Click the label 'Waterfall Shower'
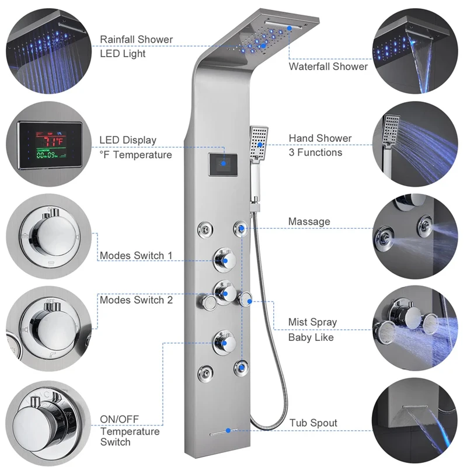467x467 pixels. tap(328, 67)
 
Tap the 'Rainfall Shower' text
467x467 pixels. tap(136, 39)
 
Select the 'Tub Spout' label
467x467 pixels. tap(313, 423)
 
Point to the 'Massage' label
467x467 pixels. tap(309, 222)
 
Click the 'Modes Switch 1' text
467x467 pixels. tap(136, 256)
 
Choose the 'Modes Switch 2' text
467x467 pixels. tap(136, 300)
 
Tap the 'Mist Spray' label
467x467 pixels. tap(312, 322)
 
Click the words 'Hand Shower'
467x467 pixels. tap(320, 138)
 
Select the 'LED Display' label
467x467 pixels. tap(128, 140)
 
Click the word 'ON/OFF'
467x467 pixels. tap(120, 419)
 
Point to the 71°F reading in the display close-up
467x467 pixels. tap(54, 141)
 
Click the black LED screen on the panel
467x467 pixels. tap(223, 165)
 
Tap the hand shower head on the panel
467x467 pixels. tap(259, 143)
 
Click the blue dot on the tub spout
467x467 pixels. tap(228, 431)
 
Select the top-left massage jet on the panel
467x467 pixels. tap(205, 229)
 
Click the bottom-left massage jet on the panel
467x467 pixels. tap(205, 372)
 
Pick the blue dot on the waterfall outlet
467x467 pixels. tap(289, 28)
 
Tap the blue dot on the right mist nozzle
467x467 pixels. tap(250, 301)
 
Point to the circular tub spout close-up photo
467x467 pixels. tap(415, 420)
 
